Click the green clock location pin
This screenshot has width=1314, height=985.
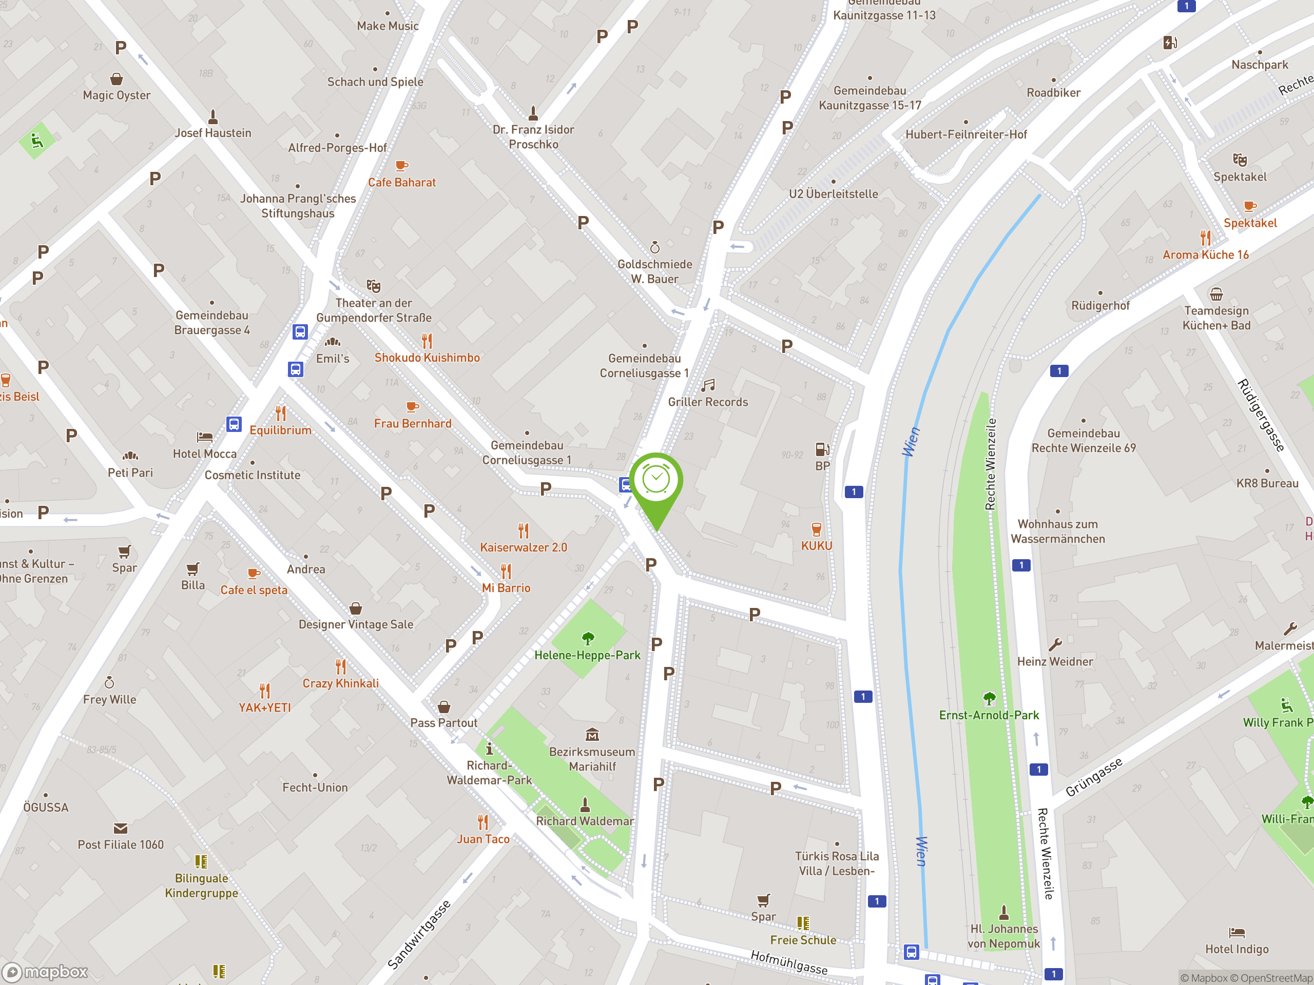pos(656,481)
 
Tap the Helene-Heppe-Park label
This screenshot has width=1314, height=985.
pos(587,655)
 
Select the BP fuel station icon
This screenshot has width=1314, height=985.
pos(822,449)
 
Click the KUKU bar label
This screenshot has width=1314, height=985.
pos(816,546)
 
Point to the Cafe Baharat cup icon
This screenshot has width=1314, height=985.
pos(401,166)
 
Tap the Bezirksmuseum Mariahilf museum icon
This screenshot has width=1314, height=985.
pos(592,735)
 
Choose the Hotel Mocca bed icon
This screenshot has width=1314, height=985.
pos(204,437)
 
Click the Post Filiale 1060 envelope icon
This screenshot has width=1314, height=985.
pos(120,828)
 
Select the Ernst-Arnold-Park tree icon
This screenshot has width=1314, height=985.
pos(989,698)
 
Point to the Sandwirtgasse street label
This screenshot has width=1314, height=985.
pos(419,935)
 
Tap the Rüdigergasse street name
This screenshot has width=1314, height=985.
pos(1261,415)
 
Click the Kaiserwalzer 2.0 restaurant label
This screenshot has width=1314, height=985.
pos(524,547)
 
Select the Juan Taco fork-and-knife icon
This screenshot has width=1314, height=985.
pos(483,822)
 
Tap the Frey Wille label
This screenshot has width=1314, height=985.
pos(109,699)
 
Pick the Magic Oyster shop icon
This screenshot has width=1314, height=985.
pos(117,79)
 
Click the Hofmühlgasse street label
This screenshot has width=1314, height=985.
pos(789,961)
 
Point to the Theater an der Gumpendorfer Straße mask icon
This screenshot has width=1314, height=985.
pos(373,286)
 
